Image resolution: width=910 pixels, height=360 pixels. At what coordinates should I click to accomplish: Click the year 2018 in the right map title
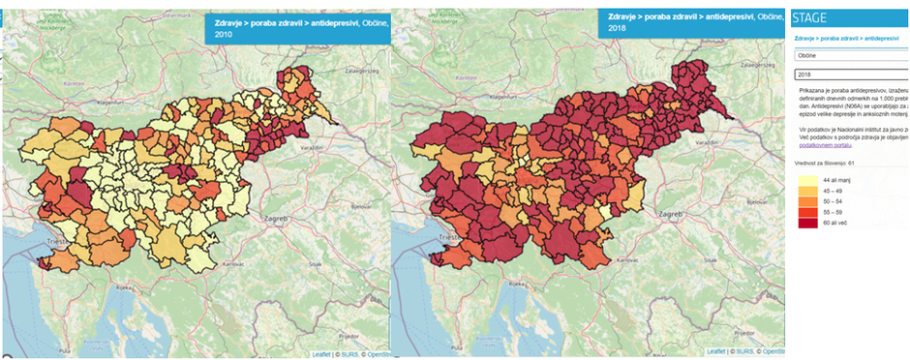click(610, 29)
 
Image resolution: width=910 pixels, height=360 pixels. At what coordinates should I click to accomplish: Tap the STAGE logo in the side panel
click(809, 16)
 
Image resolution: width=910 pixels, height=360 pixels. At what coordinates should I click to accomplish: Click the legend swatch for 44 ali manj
click(805, 181)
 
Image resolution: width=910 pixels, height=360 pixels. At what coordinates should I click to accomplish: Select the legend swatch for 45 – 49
click(805, 192)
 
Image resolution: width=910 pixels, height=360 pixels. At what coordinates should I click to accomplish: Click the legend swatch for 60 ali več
click(805, 223)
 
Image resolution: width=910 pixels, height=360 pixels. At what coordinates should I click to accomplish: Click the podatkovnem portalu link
click(824, 145)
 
